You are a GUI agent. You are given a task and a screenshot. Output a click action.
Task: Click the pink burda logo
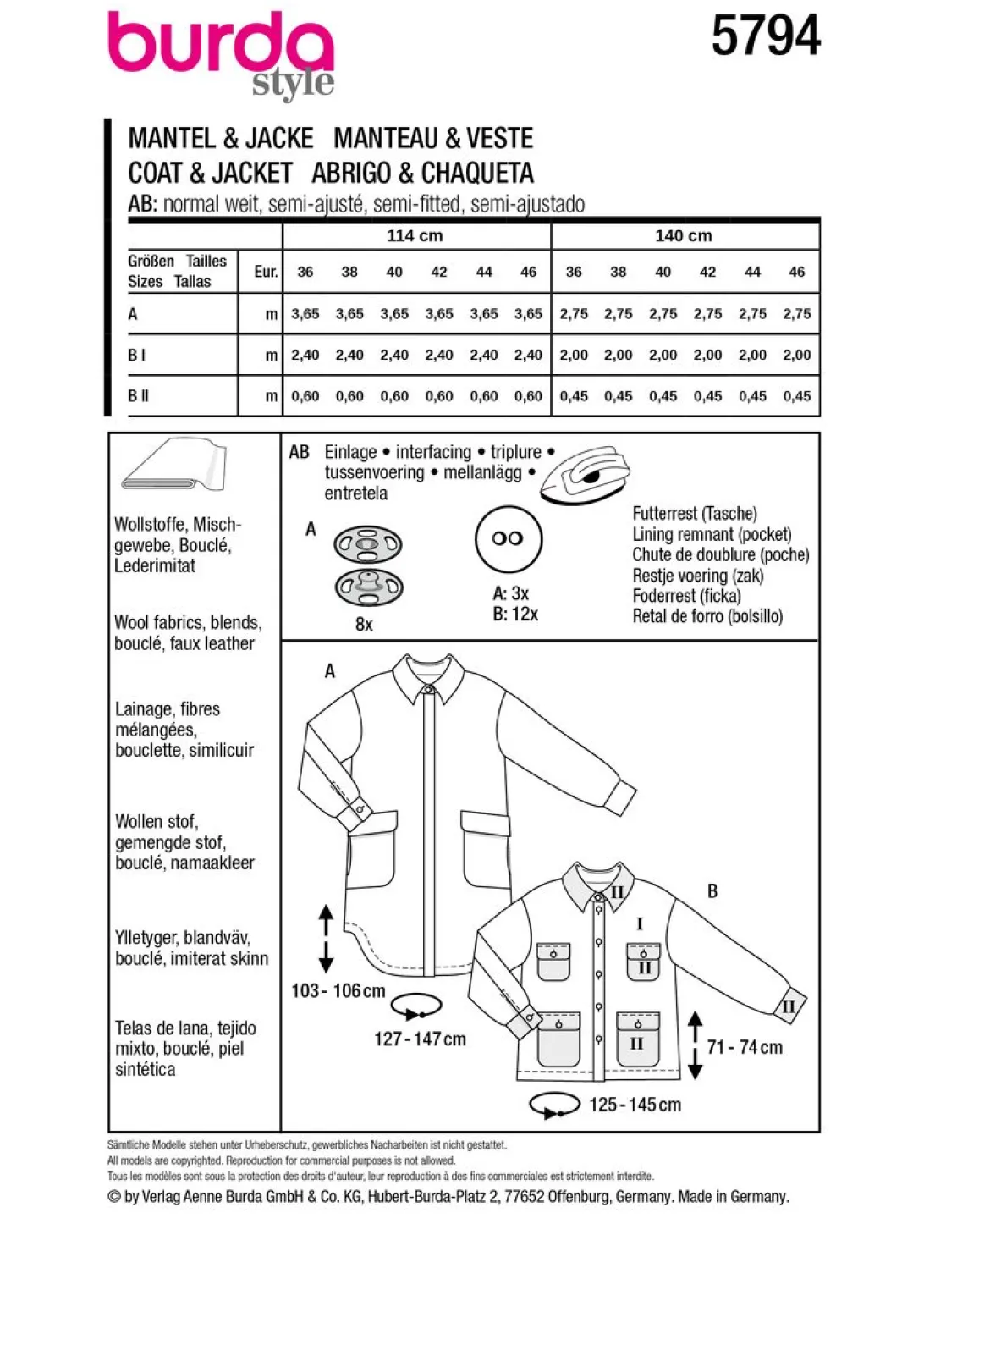[221, 42]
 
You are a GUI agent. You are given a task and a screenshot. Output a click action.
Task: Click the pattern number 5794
[766, 36]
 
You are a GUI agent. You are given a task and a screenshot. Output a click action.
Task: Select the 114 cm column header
[415, 235]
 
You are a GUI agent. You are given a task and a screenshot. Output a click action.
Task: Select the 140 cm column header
[684, 235]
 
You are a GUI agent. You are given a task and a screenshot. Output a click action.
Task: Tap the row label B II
[139, 396]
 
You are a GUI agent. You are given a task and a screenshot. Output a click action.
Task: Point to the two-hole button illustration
[508, 539]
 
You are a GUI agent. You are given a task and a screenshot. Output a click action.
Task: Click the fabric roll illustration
[173, 464]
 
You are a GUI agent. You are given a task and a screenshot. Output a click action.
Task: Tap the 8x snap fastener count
[364, 625]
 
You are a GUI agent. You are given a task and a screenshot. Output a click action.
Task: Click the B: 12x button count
[515, 614]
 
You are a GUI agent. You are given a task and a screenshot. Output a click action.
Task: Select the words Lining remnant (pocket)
[712, 535]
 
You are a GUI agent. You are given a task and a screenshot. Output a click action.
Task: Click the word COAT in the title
[155, 173]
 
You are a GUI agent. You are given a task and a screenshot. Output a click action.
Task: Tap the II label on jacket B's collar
[617, 892]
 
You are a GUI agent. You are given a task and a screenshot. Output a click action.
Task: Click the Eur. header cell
[266, 272]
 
